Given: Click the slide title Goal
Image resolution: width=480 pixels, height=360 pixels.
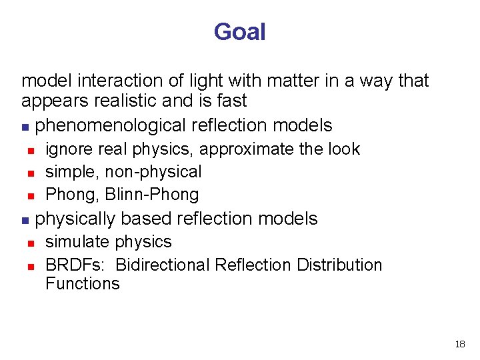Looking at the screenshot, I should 239,32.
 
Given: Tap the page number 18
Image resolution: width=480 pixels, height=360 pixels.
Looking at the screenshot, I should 459,344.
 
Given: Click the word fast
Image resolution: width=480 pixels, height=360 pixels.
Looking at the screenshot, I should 231,101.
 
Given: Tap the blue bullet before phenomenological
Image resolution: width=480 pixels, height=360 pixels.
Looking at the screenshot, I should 25,126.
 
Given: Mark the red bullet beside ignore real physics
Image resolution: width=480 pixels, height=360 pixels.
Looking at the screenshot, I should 31,150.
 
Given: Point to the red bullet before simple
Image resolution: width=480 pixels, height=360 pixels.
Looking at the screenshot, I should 31,173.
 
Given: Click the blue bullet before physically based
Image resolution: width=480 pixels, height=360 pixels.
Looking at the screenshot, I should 25,219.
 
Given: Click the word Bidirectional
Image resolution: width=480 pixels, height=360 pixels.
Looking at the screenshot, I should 163,265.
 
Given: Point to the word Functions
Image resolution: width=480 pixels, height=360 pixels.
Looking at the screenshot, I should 82,283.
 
